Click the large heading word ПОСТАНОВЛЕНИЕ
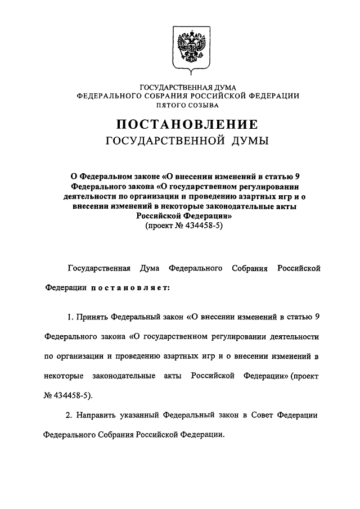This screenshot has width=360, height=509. (x=187, y=124)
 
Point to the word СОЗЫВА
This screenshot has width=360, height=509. (x=205, y=105)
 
